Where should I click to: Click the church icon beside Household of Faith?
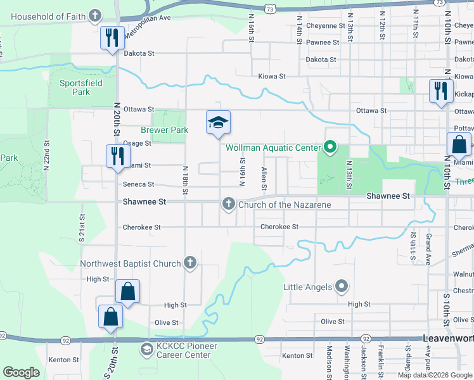coord(94,16)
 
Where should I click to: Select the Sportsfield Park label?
coord(75,87)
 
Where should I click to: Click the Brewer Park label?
coord(165,130)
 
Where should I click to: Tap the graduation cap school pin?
coord(217,122)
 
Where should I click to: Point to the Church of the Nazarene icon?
coord(227,204)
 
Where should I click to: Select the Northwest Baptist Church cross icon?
coord(189,263)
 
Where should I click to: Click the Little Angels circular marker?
coord(342,287)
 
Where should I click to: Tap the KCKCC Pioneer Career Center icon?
coord(146,350)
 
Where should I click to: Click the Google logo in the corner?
coord(21,372)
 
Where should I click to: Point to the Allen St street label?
coord(264,179)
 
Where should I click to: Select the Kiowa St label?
coord(272,76)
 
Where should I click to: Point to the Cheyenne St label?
coord(325,26)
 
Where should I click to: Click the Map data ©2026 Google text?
coord(434,375)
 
